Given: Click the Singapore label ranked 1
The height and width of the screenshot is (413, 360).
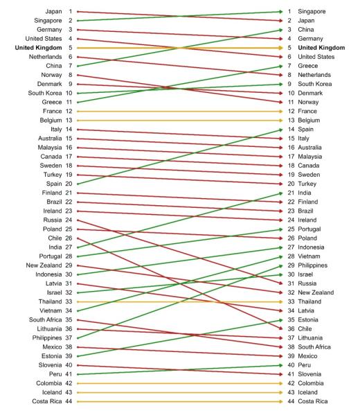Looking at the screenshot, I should [x=312, y=12].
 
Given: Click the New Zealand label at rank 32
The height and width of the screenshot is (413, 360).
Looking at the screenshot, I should [x=317, y=291].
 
